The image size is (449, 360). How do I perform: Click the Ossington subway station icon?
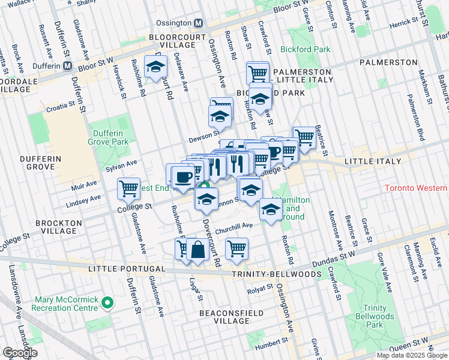click(199, 23)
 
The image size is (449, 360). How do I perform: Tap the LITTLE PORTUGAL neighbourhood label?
click(127, 269)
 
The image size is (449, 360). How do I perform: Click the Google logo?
click(20, 353)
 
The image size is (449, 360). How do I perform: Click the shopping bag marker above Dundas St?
click(197, 249)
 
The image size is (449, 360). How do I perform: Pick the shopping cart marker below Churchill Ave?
click(237, 248)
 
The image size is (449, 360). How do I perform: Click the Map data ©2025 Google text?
click(411, 355)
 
